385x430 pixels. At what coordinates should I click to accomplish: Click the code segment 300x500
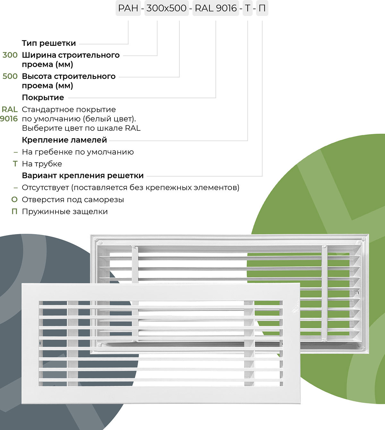[167, 8]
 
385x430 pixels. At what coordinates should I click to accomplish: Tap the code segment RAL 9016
[216, 8]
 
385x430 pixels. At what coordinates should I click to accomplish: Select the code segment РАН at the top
[128, 8]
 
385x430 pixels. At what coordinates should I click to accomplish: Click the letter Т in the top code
[247, 8]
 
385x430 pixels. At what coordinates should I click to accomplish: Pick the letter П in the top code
[262, 8]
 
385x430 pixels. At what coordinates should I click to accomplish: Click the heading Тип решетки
[49, 43]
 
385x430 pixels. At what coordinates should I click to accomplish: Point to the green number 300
[10, 55]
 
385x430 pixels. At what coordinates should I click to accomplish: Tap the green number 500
[10, 76]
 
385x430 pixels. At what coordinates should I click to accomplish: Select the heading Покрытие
[43, 97]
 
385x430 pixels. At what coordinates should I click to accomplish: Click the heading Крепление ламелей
[64, 140]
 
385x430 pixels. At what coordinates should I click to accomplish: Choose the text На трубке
[42, 164]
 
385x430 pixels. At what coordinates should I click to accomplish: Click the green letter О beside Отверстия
[14, 199]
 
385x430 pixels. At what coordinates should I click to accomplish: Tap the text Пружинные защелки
[64, 212]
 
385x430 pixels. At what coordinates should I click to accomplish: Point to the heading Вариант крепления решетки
[83, 176]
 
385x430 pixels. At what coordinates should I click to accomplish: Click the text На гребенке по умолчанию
[78, 152]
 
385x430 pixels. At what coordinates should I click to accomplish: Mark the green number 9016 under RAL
[9, 119]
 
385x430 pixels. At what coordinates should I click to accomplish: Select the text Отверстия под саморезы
[73, 200]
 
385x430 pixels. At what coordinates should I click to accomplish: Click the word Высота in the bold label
[37, 76]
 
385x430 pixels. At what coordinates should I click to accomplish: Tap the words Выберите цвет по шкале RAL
[81, 128]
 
